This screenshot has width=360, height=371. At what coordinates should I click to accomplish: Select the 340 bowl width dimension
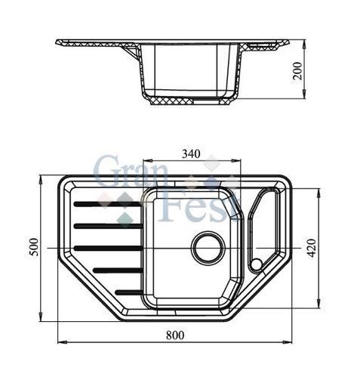click(x=191, y=154)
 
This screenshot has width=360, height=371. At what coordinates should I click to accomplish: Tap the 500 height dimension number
click(x=32, y=247)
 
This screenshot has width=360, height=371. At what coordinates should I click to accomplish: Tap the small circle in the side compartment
click(x=257, y=264)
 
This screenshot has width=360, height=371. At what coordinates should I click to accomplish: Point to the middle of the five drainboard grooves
click(x=108, y=247)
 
